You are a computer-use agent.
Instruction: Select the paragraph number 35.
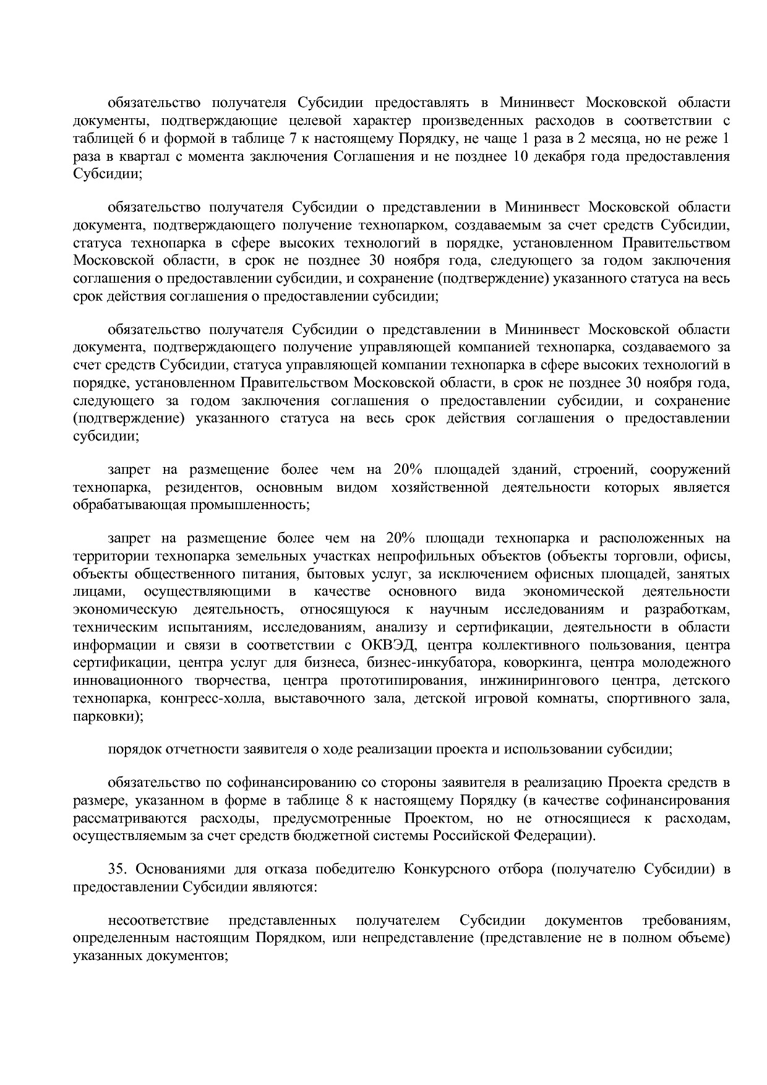coord(116,868)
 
